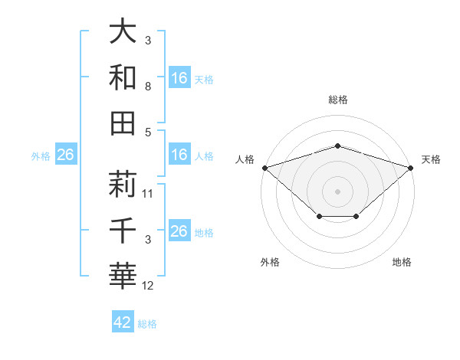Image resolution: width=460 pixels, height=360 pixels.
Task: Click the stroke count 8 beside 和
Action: click(x=148, y=87)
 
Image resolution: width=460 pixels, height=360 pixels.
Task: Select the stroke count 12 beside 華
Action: click(x=149, y=286)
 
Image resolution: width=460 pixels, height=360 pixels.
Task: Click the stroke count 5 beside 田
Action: click(x=148, y=132)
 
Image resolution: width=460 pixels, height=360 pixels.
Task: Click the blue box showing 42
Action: click(x=123, y=322)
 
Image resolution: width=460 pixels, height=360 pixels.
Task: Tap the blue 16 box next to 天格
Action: click(x=179, y=77)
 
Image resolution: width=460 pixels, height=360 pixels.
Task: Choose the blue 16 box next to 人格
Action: click(x=179, y=155)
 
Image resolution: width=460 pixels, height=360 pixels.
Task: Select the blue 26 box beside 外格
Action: click(x=66, y=155)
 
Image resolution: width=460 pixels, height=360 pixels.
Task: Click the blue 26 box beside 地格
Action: click(x=179, y=231)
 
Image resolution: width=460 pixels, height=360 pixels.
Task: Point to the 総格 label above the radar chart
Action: click(x=337, y=100)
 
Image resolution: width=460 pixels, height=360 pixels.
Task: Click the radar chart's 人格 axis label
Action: click(x=245, y=159)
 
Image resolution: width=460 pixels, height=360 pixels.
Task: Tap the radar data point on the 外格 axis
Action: click(x=319, y=218)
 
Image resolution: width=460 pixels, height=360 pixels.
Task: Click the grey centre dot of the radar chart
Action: click(x=337, y=191)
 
